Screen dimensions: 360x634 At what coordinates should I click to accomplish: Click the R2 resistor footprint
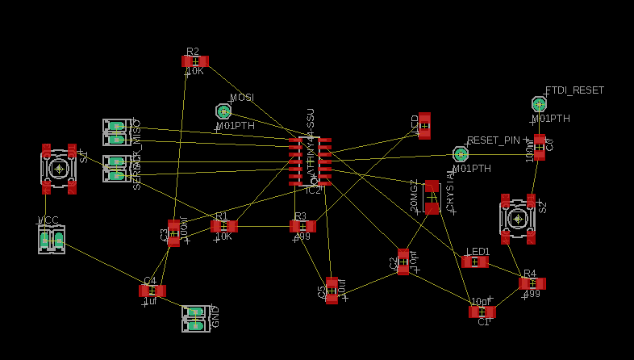click(x=195, y=61)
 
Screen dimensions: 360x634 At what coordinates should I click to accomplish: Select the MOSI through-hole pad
click(x=223, y=111)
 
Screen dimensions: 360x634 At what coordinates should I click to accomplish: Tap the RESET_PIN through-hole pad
click(x=461, y=153)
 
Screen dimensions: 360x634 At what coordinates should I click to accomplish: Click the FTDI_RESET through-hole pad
click(x=539, y=104)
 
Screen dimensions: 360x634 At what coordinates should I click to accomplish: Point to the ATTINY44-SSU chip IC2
click(x=311, y=161)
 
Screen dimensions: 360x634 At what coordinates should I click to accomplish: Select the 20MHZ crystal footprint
click(x=432, y=197)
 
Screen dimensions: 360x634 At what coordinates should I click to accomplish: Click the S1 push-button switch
click(x=59, y=169)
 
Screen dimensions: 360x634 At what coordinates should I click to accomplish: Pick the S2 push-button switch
click(x=517, y=218)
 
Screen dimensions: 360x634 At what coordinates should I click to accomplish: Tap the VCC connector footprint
click(x=52, y=240)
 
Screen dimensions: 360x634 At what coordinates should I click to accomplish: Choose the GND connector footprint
click(x=195, y=318)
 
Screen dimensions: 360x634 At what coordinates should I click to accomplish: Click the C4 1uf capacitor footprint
click(x=152, y=291)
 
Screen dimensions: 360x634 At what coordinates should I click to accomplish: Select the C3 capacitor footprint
click(x=173, y=232)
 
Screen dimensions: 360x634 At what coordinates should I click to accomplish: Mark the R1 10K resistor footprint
click(x=224, y=226)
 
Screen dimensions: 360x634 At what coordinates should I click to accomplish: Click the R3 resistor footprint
click(x=302, y=226)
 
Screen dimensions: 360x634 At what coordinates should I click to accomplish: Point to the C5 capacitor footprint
click(x=332, y=291)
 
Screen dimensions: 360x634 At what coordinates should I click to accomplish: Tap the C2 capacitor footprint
click(x=403, y=262)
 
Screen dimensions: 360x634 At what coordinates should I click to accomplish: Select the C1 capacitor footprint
click(x=482, y=312)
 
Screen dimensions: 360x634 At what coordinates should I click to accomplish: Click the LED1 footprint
click(x=475, y=262)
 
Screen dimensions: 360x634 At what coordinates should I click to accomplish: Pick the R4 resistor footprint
click(x=532, y=283)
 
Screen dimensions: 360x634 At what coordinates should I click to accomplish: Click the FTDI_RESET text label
click(x=574, y=90)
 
